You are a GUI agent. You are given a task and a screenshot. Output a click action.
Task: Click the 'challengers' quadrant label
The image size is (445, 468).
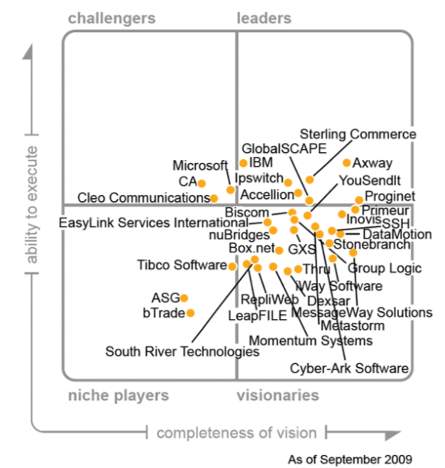click(111, 18)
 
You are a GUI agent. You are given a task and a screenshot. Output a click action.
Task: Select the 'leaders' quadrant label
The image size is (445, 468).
click(264, 18)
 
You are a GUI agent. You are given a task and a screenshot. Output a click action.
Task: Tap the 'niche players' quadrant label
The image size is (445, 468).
click(119, 395)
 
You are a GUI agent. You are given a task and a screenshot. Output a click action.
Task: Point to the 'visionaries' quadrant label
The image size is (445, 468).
click(278, 395)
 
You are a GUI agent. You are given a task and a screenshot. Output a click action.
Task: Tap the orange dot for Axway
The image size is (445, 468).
click(347, 163)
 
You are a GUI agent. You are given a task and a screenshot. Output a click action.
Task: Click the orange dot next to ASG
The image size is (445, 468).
click(184, 298)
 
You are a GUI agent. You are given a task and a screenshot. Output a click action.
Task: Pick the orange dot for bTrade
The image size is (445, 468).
click(190, 313)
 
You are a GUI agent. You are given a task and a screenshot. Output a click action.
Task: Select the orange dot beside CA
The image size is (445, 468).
click(202, 183)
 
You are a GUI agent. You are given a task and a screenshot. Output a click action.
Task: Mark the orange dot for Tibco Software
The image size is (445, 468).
click(232, 266)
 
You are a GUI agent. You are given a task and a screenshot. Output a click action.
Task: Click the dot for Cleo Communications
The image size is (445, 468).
click(214, 198)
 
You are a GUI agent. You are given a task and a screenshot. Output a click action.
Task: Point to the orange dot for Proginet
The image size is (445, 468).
click(359, 200)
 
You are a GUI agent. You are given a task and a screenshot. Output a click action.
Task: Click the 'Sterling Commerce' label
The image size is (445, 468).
click(357, 135)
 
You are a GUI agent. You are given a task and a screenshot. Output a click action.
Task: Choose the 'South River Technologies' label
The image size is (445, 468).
click(182, 352)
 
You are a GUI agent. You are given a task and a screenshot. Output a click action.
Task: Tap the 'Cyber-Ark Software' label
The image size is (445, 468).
click(349, 369)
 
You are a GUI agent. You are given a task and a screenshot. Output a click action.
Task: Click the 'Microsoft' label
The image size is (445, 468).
click(200, 165)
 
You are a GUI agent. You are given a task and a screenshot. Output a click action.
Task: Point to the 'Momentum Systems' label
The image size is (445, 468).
click(311, 340)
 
